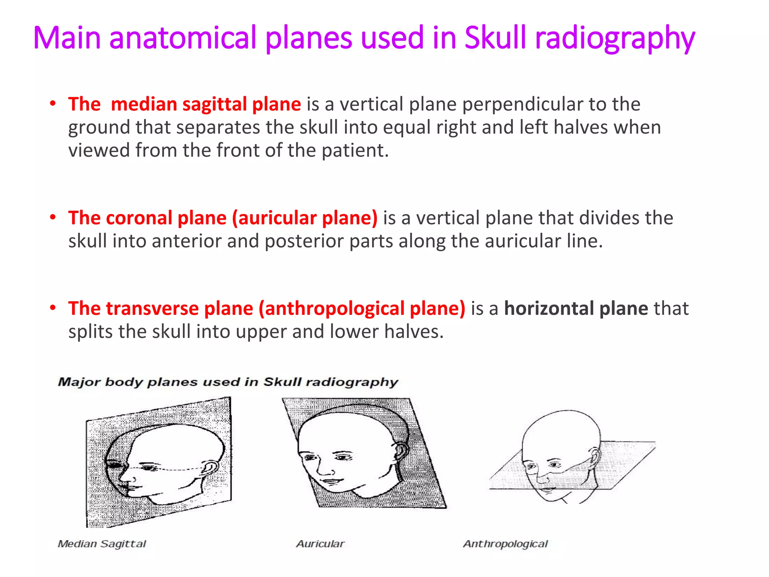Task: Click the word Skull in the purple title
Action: pyautogui.click(x=495, y=38)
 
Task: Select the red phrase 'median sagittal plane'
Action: pyautogui.click(x=206, y=104)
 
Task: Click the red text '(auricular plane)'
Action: pyautogui.click(x=305, y=218)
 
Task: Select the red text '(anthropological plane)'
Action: pyautogui.click(x=362, y=309)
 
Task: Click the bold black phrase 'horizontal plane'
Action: pyautogui.click(x=576, y=308)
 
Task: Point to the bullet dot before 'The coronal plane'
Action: pyautogui.click(x=53, y=217)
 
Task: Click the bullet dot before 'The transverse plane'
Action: pyautogui.click(x=53, y=308)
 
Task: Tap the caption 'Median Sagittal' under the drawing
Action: pyautogui.click(x=102, y=544)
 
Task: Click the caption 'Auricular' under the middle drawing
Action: pyautogui.click(x=320, y=544)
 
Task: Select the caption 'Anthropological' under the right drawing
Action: pyautogui.click(x=505, y=544)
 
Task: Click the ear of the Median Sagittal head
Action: pyautogui.click(x=209, y=468)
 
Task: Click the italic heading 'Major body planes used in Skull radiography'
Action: pyautogui.click(x=228, y=382)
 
